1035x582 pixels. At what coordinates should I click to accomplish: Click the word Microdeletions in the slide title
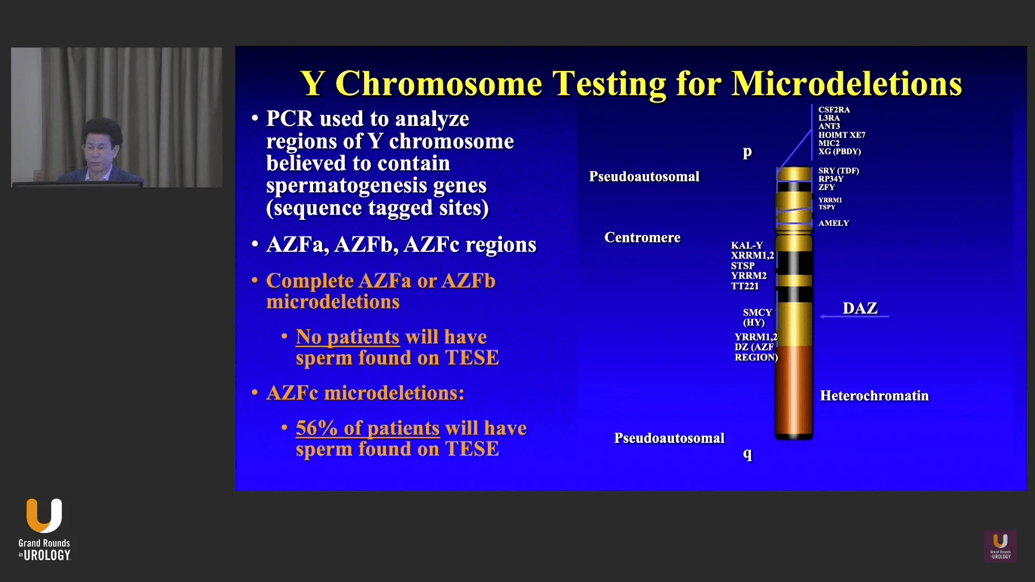(x=846, y=84)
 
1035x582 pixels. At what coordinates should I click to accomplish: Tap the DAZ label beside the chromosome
(x=860, y=308)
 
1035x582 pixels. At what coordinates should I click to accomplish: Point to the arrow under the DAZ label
(x=854, y=316)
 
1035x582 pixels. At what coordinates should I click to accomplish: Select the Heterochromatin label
(x=874, y=396)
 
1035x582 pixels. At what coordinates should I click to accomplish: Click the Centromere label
(x=642, y=238)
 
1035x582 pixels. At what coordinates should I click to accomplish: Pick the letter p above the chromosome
(x=747, y=152)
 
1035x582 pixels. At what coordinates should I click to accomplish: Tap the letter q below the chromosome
(x=747, y=454)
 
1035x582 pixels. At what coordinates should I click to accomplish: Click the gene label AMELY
(x=833, y=223)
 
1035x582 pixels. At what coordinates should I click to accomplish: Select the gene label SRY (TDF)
(x=838, y=171)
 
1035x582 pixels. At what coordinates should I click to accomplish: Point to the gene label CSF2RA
(x=834, y=110)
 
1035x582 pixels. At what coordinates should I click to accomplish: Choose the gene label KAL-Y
(x=747, y=246)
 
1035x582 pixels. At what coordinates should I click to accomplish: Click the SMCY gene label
(x=757, y=313)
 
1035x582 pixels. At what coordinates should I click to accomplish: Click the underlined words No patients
(x=347, y=337)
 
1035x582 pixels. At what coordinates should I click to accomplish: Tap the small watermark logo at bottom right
(x=1000, y=546)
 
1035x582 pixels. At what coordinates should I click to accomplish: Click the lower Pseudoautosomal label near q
(x=669, y=438)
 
